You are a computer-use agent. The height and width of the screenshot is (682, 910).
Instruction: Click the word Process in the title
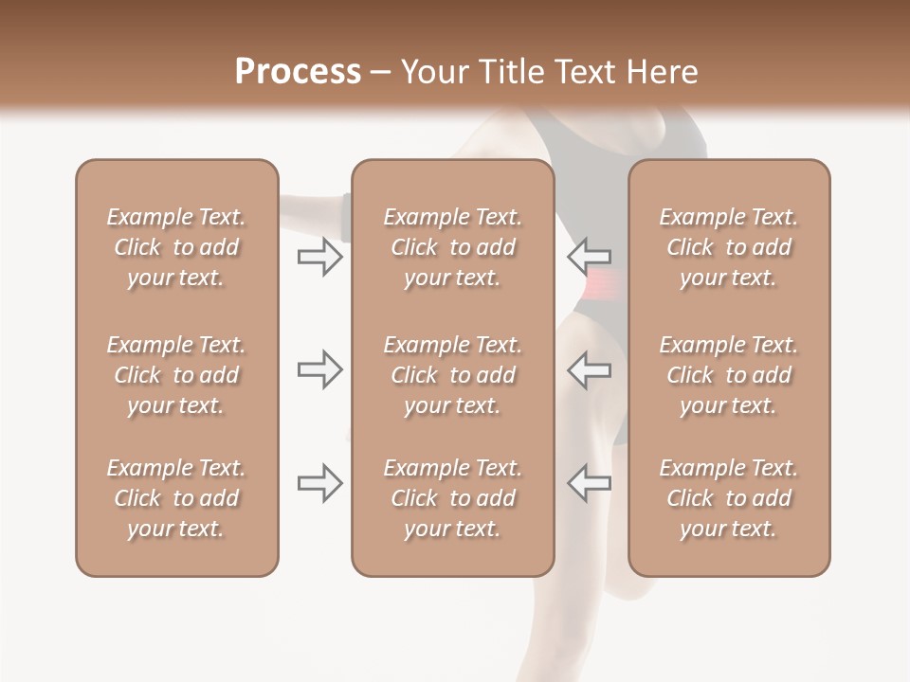(x=298, y=72)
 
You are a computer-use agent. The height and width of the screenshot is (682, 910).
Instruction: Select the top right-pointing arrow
(x=319, y=256)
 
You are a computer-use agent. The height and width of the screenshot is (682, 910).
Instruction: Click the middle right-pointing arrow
(x=319, y=369)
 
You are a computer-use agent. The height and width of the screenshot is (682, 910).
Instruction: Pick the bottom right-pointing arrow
(x=319, y=483)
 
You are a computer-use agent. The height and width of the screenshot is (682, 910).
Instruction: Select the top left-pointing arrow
(x=589, y=256)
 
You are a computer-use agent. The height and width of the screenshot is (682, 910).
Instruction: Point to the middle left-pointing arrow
(x=589, y=369)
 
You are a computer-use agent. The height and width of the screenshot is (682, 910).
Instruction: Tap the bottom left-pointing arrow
(x=589, y=483)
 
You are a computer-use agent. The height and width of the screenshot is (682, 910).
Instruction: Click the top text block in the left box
(x=176, y=247)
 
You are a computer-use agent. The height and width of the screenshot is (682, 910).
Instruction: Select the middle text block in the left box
(x=176, y=375)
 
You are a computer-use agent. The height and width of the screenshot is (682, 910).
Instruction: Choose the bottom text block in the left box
(x=176, y=498)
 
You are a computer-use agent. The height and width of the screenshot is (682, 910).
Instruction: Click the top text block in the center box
(x=452, y=247)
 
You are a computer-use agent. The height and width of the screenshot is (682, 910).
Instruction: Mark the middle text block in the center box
(x=452, y=375)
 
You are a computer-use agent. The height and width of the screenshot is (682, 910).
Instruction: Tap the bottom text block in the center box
(x=452, y=498)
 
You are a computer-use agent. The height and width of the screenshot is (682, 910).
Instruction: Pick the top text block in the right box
(x=729, y=247)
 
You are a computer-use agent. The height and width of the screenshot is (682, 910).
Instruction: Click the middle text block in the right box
(x=729, y=375)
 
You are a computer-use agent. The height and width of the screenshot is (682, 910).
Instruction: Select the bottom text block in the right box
(x=729, y=498)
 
